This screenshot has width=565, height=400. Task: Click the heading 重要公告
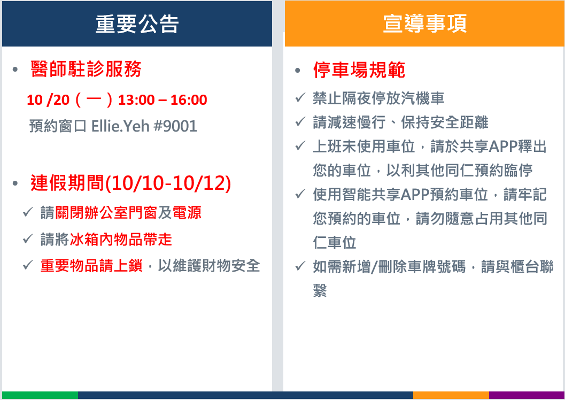pyautogui.click(x=137, y=24)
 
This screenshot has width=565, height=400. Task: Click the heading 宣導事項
pyautogui.click(x=424, y=24)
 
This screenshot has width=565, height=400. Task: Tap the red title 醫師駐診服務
pyautogui.click(x=86, y=69)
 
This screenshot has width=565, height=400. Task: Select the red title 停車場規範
pyautogui.click(x=359, y=70)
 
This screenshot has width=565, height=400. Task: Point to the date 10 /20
pyautogui.click(x=48, y=100)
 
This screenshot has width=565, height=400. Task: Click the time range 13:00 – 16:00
pyautogui.click(x=162, y=100)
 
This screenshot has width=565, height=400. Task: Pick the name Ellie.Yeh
pyautogui.click(x=120, y=126)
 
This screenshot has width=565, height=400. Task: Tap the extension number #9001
pyautogui.click(x=175, y=126)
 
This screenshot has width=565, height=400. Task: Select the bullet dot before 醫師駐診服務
pyautogui.click(x=15, y=69)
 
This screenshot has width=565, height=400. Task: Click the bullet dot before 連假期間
pyautogui.click(x=15, y=183)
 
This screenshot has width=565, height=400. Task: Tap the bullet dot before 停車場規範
pyautogui.click(x=297, y=70)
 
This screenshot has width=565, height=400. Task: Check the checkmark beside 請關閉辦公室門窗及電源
pyautogui.click(x=28, y=212)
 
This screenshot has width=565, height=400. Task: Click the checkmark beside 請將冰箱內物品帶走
pyautogui.click(x=28, y=239)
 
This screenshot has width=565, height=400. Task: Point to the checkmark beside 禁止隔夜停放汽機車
pyautogui.click(x=300, y=97)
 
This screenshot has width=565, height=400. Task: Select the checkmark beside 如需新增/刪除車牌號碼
pyautogui.click(x=300, y=266)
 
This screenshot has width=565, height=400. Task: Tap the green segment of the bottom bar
pyautogui.click(x=40, y=395)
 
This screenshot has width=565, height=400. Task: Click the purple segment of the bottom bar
pyautogui.click(x=527, y=395)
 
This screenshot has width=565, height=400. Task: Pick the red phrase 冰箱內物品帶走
pyautogui.click(x=121, y=239)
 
